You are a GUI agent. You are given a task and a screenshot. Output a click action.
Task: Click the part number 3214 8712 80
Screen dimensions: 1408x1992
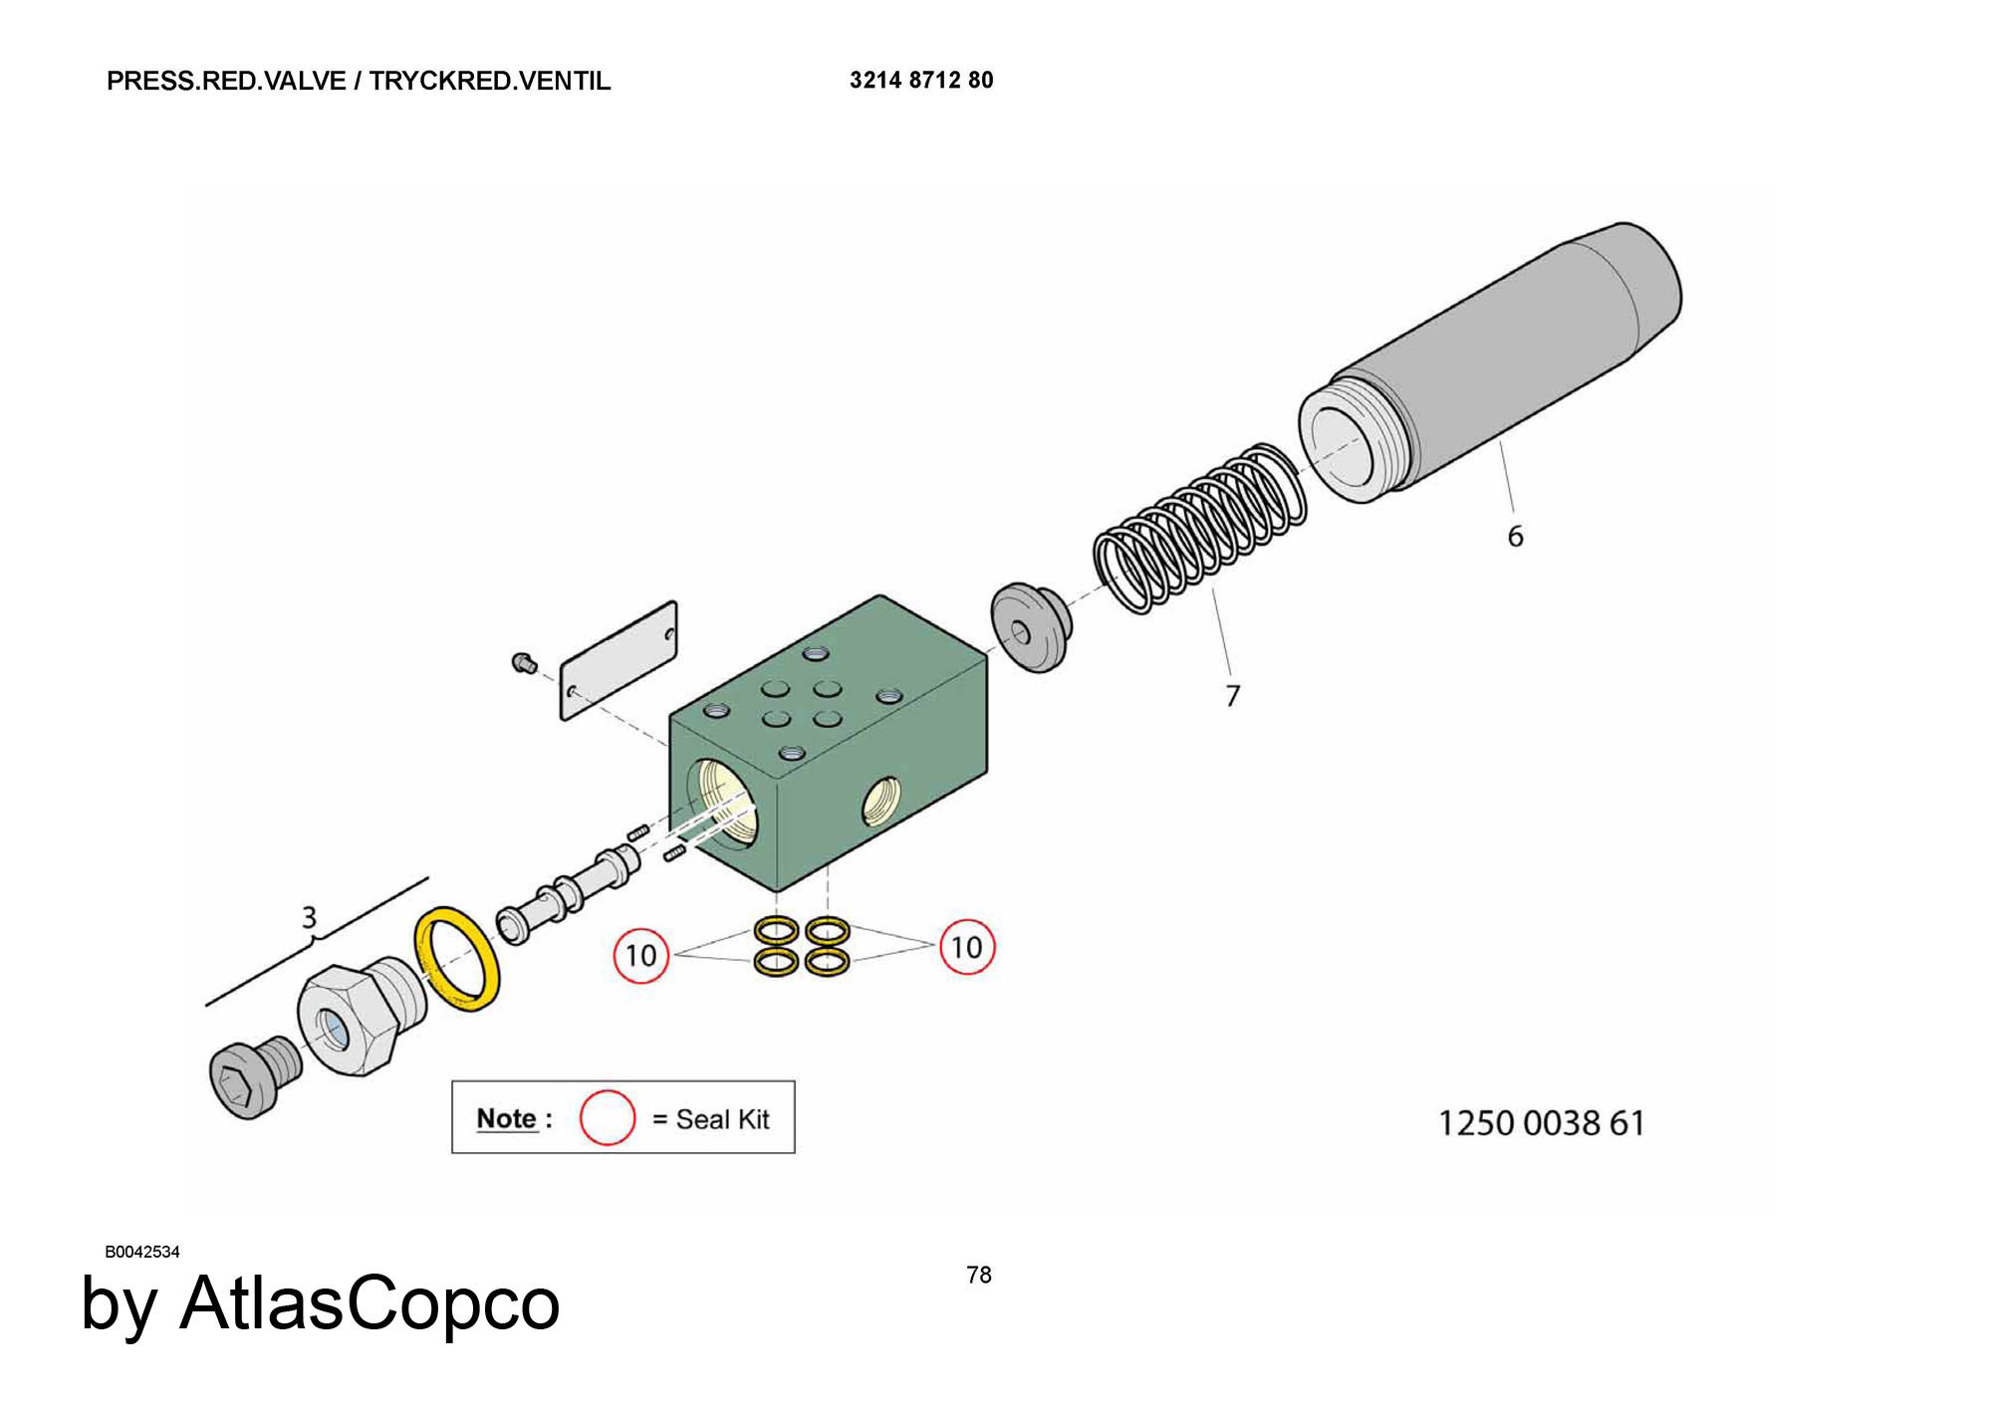[x=920, y=80]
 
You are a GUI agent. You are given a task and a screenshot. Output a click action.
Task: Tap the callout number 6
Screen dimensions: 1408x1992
[x=1515, y=537]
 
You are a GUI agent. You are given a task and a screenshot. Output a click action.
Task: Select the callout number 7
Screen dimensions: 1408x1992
[x=1233, y=695]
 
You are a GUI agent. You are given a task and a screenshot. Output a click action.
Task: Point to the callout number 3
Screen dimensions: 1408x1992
[x=309, y=917]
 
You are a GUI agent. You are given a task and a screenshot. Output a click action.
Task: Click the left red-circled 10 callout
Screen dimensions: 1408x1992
[x=640, y=955]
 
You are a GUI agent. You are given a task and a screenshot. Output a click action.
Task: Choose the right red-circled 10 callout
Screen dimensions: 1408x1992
[x=966, y=947]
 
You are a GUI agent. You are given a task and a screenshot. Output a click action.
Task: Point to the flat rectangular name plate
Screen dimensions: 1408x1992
[x=619, y=659]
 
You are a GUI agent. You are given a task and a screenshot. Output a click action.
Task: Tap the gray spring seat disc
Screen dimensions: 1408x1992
[x=1031, y=627]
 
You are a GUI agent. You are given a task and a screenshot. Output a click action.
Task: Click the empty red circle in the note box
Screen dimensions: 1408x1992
[x=608, y=1117]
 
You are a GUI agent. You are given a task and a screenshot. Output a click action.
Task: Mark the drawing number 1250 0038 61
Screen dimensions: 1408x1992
[x=1541, y=1123]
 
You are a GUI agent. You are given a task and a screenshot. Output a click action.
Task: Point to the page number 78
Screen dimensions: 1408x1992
[x=979, y=1275]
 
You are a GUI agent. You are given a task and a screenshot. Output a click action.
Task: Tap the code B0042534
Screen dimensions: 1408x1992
[x=142, y=1252]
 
